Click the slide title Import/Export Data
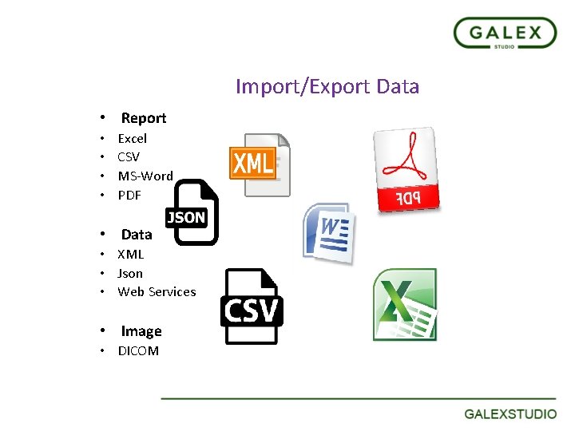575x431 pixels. pos(327,86)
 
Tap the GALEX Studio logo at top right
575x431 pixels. pos(505,34)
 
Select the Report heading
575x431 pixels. pos(144,118)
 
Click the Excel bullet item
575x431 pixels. pos(133,138)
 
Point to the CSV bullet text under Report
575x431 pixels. pos(129,156)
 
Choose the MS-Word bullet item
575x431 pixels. pos(145,176)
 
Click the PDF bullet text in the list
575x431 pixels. pos(129,195)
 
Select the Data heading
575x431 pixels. pos(137,235)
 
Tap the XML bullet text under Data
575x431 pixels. pos(131,255)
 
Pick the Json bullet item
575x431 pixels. pos(130,273)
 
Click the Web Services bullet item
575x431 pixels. pos(157,291)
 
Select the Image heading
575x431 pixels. pos(141,331)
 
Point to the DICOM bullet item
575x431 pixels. pos(138,350)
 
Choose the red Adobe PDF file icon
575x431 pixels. pos(407,169)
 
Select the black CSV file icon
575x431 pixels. pos(251,307)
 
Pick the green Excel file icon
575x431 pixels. pos(405,304)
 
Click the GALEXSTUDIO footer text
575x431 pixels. pos(511,413)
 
